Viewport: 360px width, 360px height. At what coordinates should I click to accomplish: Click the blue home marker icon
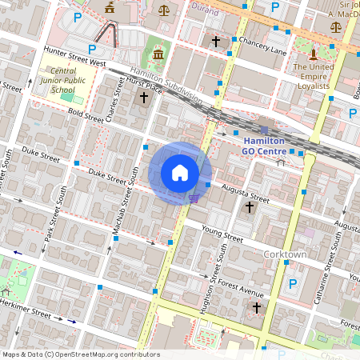[x=180, y=173]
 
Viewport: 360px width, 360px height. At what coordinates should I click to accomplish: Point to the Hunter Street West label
[x=72, y=57]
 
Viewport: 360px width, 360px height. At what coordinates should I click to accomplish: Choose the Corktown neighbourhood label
[x=285, y=254]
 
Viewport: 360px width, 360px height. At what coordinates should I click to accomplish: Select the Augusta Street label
[x=246, y=193]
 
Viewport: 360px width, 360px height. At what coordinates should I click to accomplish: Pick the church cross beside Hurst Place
[x=144, y=98]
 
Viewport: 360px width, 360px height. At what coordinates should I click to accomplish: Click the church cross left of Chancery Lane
[x=215, y=41]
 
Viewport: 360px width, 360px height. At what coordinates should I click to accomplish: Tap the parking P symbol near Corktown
[x=293, y=284]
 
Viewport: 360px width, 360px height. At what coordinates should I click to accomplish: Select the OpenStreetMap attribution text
[x=81, y=354]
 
